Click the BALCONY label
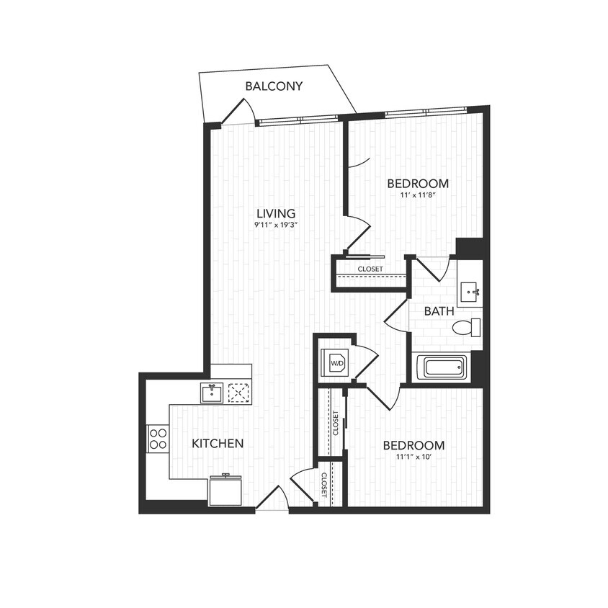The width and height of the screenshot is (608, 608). point(274,86)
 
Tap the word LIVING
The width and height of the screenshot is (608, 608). point(276,213)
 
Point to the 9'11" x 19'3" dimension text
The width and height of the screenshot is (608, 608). point(276,225)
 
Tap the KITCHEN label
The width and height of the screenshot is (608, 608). point(217,443)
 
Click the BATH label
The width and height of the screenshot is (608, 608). point(438,311)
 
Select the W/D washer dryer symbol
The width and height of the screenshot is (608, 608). point(337,364)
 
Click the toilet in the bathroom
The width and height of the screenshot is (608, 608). point(466,328)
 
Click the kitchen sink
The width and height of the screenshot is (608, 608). point(212,393)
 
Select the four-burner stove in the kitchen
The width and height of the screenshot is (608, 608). point(158,438)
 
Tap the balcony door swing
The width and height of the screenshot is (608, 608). point(238,112)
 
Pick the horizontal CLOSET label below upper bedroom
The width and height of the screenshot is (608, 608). point(370,269)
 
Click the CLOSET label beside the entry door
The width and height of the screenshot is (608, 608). point(323,485)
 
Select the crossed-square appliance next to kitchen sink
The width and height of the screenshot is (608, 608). point(238,393)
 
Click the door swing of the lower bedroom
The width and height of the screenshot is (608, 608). point(386,395)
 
